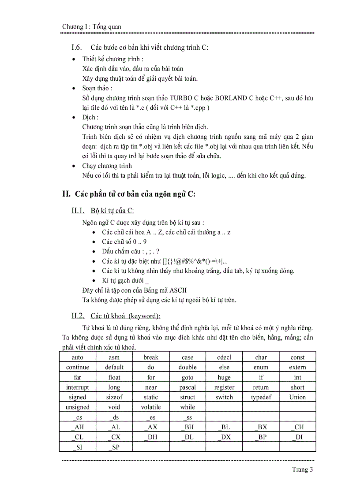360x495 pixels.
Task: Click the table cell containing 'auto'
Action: coord(77,357)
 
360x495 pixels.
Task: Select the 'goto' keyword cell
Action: coord(187,377)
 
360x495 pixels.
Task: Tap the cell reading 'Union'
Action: coord(297,397)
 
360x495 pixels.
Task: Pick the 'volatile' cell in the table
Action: coord(151,407)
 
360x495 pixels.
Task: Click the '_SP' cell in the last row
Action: coord(114,447)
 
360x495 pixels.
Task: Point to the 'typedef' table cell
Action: coord(261,397)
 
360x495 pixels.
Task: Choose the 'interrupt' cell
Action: coord(77,387)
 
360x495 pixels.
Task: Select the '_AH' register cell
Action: coord(77,427)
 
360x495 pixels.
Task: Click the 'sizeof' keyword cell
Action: coord(114,397)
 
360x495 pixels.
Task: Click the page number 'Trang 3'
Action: coord(302,469)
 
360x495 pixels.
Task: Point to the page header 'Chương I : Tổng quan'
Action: coord(91,27)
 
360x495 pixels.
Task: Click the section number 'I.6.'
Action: coord(77,48)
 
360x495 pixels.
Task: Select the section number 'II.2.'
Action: coord(78,316)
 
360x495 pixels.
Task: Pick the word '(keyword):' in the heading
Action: coord(144,316)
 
